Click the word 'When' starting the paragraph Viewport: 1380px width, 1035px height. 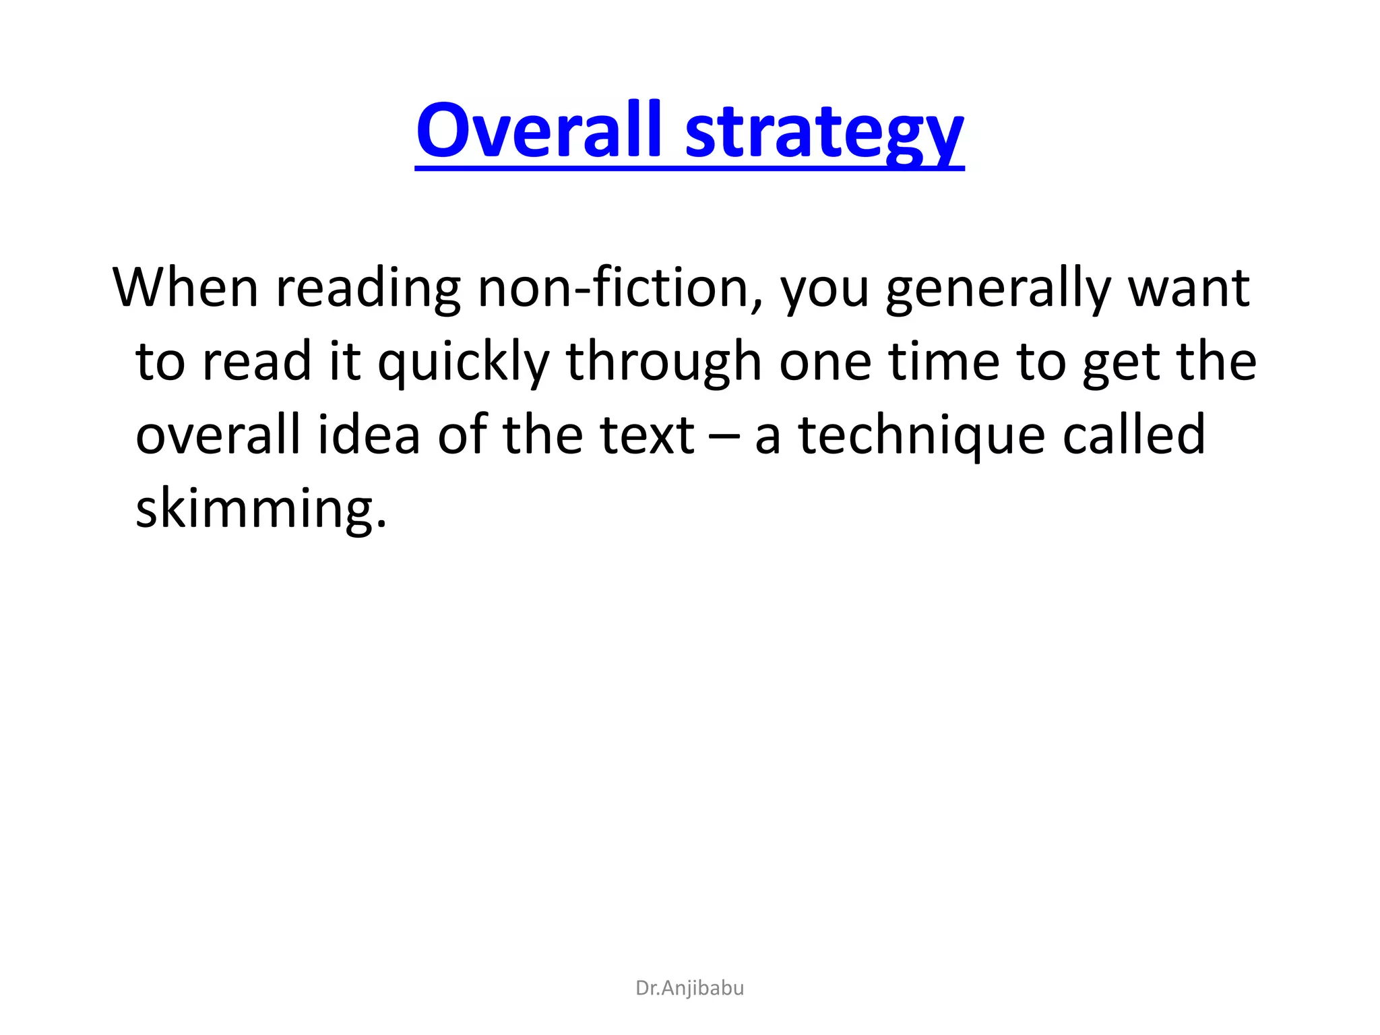click(x=186, y=288)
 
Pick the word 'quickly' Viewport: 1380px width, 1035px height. click(x=464, y=363)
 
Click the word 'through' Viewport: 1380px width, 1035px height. click(x=664, y=363)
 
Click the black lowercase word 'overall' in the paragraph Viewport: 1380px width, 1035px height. click(x=218, y=435)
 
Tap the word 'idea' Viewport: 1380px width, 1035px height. click(x=369, y=435)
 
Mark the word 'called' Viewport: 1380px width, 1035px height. click(x=1133, y=435)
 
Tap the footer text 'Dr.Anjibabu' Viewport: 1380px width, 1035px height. click(x=690, y=988)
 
